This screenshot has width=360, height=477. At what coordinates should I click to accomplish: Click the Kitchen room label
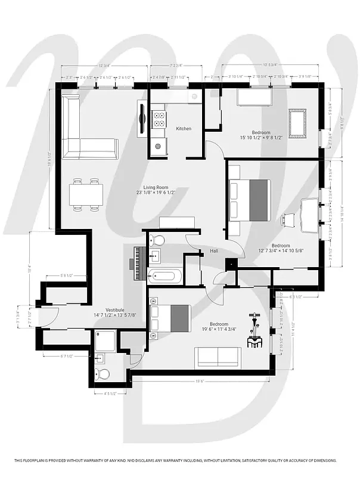pyautogui.click(x=184, y=129)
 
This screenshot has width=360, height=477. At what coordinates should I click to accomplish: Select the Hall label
pyautogui.click(x=214, y=251)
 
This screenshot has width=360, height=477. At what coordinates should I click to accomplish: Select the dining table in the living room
pyautogui.click(x=86, y=194)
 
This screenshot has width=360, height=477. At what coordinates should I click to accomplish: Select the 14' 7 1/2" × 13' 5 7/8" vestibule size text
pyautogui.click(x=115, y=315)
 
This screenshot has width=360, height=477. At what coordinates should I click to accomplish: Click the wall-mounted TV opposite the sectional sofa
pyautogui.click(x=142, y=118)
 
